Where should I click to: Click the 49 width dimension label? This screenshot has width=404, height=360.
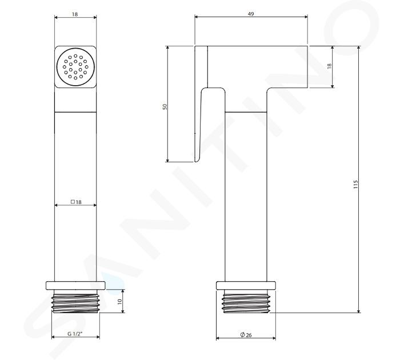pos(251,14)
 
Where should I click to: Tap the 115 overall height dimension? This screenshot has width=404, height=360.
pos(356,185)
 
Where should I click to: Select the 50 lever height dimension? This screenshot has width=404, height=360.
pos(165,106)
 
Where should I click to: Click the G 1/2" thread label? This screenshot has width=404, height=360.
pos(75,334)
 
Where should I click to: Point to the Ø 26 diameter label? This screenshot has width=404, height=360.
pos(246,335)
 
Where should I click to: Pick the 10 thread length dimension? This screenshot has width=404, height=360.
pos(119,302)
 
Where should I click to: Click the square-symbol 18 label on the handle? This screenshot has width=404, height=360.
pos(76,202)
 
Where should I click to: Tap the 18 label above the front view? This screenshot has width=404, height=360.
pos(75,14)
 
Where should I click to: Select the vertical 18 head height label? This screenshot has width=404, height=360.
pos(329,66)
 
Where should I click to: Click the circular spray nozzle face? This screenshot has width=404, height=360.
pos(75,67)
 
